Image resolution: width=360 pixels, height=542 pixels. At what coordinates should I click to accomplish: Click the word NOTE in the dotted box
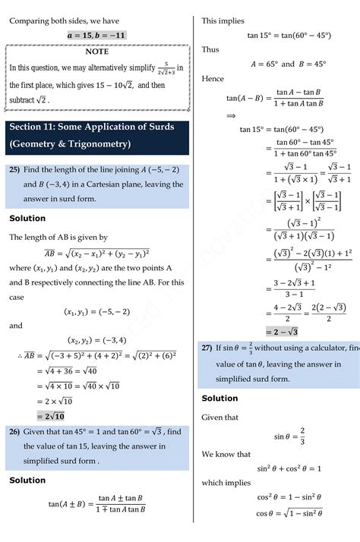(x=96, y=52)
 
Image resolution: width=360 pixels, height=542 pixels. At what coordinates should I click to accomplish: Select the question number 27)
(x=207, y=348)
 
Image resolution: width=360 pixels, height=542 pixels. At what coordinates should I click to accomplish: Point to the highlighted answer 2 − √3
(x=281, y=331)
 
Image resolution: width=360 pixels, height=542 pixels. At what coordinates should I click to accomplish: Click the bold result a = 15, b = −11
(x=96, y=35)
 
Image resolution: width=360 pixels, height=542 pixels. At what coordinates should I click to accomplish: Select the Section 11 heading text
(x=91, y=127)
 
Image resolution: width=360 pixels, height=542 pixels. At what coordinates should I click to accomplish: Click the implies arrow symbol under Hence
(x=231, y=115)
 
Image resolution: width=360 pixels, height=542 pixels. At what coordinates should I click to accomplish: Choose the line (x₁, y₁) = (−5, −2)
(x=98, y=310)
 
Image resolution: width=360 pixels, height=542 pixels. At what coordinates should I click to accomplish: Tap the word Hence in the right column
(x=213, y=79)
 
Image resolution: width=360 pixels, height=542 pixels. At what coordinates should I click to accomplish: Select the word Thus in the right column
(x=210, y=49)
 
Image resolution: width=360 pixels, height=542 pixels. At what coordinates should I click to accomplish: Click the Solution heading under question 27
(x=219, y=398)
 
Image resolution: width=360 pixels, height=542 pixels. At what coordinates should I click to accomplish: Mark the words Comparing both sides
(x=43, y=20)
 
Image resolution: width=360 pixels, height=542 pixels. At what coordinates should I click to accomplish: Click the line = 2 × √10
(x=55, y=400)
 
